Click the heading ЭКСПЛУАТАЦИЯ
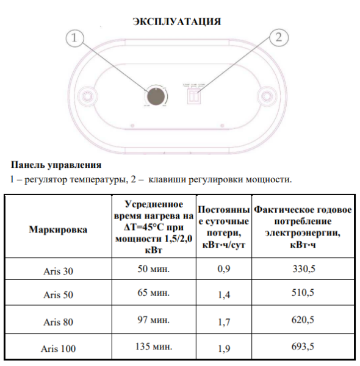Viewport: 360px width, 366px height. (x=176, y=21)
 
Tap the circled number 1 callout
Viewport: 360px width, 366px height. (x=74, y=38)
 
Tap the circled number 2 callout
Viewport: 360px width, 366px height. (x=278, y=37)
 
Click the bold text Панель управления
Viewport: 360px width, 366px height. (x=56, y=165)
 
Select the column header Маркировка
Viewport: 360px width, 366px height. (x=58, y=230)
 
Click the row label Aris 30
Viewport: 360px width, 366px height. (x=58, y=271)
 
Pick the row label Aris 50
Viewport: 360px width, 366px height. (x=58, y=295)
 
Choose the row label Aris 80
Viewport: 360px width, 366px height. (x=58, y=321)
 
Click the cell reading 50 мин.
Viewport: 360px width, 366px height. (x=153, y=269)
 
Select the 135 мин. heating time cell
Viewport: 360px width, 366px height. (x=153, y=346)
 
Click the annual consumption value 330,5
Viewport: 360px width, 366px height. (x=303, y=270)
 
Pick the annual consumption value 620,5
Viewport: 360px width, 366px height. (x=303, y=320)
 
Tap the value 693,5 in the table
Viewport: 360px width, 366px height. (x=303, y=347)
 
